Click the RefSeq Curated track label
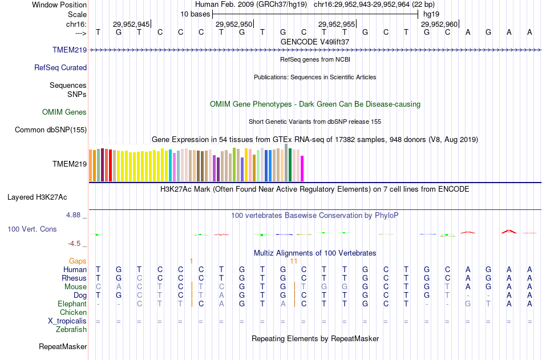click(x=60, y=67)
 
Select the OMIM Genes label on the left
click(x=64, y=112)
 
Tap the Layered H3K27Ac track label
click(x=37, y=197)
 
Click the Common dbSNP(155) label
click(x=51, y=130)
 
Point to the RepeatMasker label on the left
click(x=63, y=346)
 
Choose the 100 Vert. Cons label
click(x=32, y=229)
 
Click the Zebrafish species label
click(x=71, y=329)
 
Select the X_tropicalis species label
click(x=67, y=321)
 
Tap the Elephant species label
click(x=72, y=304)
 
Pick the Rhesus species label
click(x=74, y=278)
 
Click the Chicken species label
click(x=74, y=312)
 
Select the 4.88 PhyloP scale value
click(x=75, y=215)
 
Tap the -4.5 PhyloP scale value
click(x=76, y=244)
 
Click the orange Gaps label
click(x=78, y=261)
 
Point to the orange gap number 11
click(x=294, y=261)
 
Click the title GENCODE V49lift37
click(x=315, y=42)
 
